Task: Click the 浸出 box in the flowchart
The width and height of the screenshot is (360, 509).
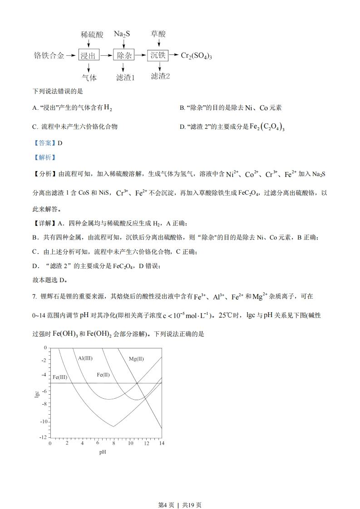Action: (89, 55)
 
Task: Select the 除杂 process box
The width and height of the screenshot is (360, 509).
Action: (124, 55)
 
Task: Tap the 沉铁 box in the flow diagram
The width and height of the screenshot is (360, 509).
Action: (158, 55)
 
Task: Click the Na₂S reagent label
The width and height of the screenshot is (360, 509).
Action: (122, 34)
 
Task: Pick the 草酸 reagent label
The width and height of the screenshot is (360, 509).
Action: (158, 34)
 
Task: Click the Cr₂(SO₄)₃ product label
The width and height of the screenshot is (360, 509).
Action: (197, 55)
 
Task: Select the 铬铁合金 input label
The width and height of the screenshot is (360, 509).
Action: (49, 55)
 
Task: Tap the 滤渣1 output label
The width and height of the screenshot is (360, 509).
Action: (126, 77)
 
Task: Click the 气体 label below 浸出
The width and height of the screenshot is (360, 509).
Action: (89, 77)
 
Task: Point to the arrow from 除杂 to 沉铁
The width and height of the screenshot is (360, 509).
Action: (141, 55)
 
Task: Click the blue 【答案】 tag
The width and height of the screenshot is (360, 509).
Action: (44, 142)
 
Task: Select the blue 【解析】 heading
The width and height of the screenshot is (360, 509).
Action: (44, 157)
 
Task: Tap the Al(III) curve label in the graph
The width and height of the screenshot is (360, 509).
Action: (85, 358)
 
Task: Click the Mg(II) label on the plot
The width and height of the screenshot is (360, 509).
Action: (136, 358)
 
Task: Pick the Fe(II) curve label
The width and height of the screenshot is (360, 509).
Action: (103, 374)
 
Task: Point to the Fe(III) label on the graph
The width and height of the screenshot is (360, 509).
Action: (60, 377)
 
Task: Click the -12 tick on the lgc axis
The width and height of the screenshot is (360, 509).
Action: (43, 437)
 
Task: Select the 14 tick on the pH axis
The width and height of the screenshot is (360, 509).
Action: (161, 443)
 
